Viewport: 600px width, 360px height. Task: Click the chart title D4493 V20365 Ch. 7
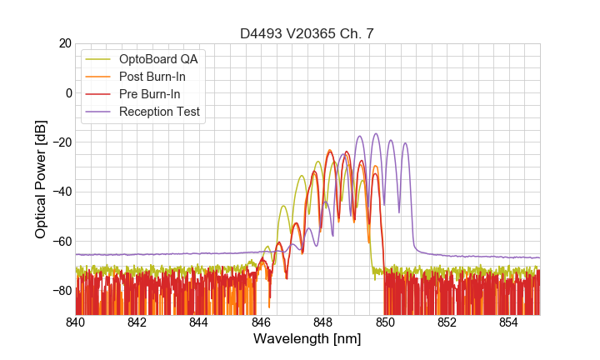pyautogui.click(x=307, y=33)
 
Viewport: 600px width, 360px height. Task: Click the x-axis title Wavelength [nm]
pyautogui.click(x=307, y=339)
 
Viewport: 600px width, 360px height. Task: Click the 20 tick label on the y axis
pyautogui.click(x=64, y=43)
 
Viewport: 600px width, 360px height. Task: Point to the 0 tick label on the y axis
pyautogui.click(x=67, y=92)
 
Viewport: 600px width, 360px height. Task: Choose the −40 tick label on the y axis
pyautogui.click(x=60, y=192)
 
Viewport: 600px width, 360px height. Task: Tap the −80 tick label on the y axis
pyautogui.click(x=60, y=291)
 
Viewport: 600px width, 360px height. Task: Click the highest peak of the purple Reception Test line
pyautogui.click(x=376, y=133)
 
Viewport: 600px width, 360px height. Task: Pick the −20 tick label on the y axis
pyautogui.click(x=60, y=142)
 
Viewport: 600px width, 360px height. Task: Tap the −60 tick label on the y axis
pyautogui.click(x=60, y=242)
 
